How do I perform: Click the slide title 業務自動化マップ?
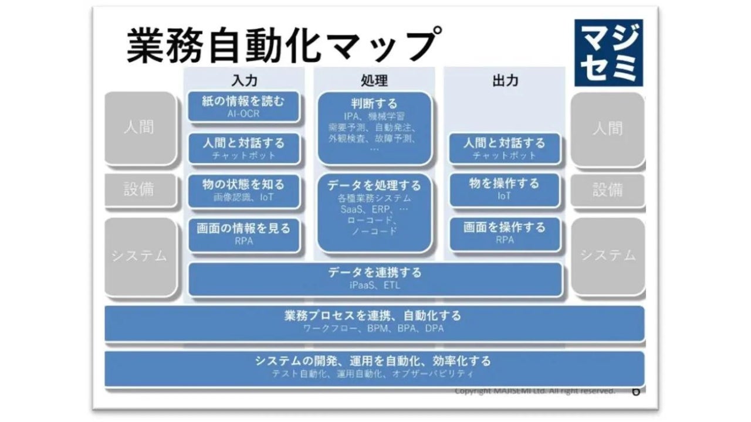click(282, 45)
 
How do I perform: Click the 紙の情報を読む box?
click(243, 107)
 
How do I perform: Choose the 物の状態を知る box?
click(243, 190)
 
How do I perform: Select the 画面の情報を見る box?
click(243, 233)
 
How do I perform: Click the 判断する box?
click(374, 127)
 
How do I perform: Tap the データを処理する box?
click(374, 213)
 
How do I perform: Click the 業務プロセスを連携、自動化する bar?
click(374, 322)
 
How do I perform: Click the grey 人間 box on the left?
click(140, 128)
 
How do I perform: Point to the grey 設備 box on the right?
click(607, 190)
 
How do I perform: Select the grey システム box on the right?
click(607, 256)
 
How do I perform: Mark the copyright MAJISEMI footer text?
click(535, 390)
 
